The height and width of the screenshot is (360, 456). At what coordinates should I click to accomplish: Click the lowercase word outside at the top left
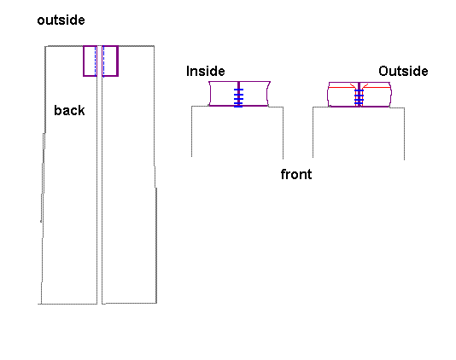(x=61, y=20)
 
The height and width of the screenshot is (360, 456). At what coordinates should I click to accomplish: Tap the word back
(x=69, y=110)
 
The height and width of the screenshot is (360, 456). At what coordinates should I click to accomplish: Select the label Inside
(x=205, y=71)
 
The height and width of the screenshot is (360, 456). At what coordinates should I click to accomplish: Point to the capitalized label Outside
(x=403, y=71)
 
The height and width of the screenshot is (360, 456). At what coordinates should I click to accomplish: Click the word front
(x=296, y=174)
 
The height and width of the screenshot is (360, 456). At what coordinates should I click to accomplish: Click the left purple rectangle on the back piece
(x=83, y=61)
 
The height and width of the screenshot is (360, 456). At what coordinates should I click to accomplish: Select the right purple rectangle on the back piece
(x=118, y=61)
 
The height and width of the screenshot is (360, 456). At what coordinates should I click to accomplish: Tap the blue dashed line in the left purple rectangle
(x=95, y=61)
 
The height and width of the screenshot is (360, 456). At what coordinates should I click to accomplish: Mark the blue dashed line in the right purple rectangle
(x=103, y=61)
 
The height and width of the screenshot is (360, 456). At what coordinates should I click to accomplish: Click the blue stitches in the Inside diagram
(x=238, y=98)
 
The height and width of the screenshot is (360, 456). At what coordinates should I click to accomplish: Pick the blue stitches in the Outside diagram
(x=359, y=97)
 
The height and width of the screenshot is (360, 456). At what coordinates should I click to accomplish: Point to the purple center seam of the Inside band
(x=238, y=94)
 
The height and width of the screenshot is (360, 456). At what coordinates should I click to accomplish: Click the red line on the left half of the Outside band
(x=342, y=87)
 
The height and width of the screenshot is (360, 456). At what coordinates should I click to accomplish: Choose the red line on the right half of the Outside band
(x=376, y=87)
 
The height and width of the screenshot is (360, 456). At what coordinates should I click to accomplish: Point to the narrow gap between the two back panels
(x=99, y=174)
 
